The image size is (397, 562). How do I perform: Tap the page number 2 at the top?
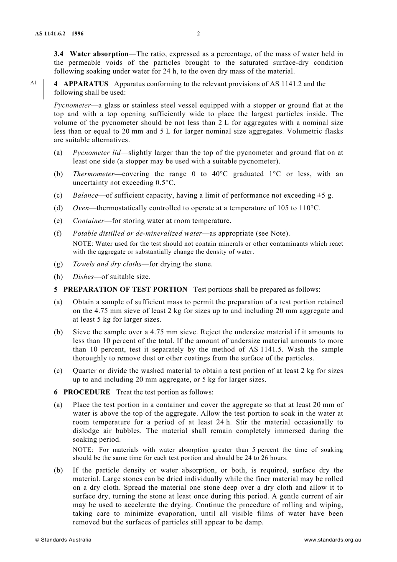pos(198,34)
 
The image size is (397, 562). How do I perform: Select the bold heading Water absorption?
pos(99,54)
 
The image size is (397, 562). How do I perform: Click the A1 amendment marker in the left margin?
pos(34,83)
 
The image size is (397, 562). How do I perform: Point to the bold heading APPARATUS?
pos(86,84)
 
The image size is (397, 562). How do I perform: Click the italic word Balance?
pos(85,196)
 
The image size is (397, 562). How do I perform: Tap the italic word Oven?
pos(81,208)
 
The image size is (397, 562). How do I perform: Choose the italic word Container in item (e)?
pos(88,221)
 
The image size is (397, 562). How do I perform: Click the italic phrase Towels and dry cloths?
pos(107,264)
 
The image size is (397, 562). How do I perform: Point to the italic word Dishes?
pos(83,277)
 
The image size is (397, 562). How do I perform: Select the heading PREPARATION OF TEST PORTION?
pos(125,290)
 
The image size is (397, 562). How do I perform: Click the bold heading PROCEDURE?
pos(87,392)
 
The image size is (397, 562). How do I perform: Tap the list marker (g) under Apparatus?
pos(59,264)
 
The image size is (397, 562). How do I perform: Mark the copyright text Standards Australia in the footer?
pos(66,540)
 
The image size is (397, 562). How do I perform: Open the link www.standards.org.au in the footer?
pos(332,540)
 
